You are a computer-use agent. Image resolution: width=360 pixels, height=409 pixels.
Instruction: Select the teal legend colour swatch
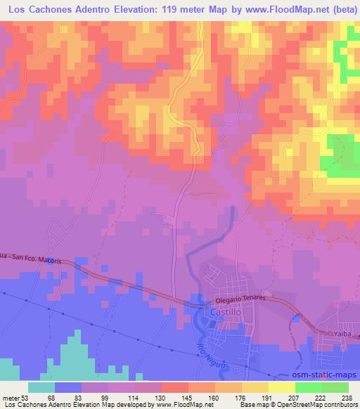(41, 387)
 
